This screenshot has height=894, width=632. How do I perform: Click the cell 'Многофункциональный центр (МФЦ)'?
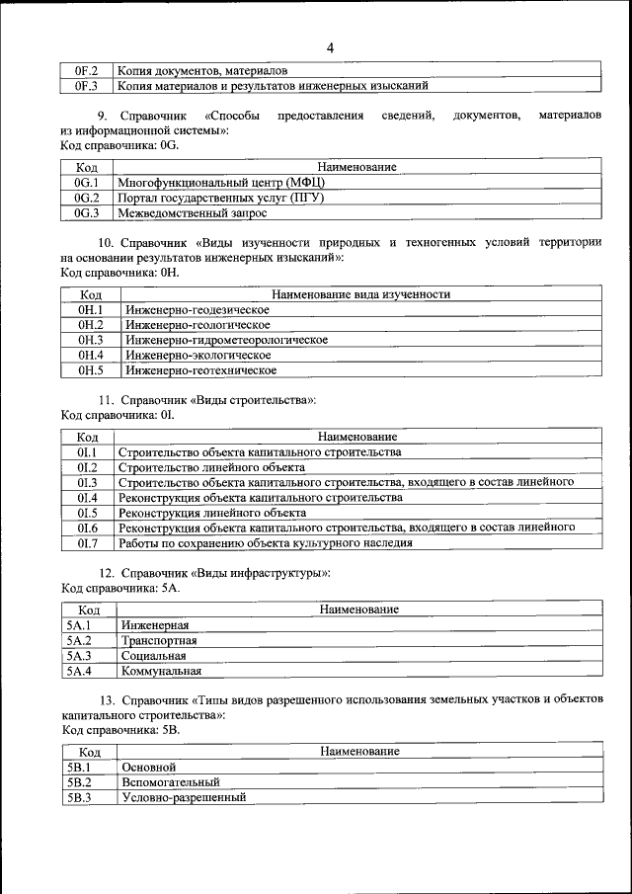pos(221,183)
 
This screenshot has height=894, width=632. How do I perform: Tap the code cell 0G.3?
pos(87,212)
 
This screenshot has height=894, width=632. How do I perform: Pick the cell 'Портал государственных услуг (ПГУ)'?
pos(220,198)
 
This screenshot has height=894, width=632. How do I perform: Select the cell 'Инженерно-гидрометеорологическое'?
pos(226,340)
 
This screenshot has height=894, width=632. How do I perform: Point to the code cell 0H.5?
pos(91,370)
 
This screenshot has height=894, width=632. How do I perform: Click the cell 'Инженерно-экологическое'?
pos(197,355)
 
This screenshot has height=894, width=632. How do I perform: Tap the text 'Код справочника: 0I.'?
pos(118,416)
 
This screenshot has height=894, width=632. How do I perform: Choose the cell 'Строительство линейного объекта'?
pos(211,467)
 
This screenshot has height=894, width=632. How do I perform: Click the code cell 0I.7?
pos(87,543)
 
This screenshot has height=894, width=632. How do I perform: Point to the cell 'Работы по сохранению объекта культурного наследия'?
pos(265,543)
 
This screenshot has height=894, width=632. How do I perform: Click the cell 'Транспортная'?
pos(159,640)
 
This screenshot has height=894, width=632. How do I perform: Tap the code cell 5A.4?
pos(79,671)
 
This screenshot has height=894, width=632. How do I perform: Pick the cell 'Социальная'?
pos(153,656)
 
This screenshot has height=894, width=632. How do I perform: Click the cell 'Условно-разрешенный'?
pos(184,797)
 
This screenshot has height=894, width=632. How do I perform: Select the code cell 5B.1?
pos(79,767)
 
